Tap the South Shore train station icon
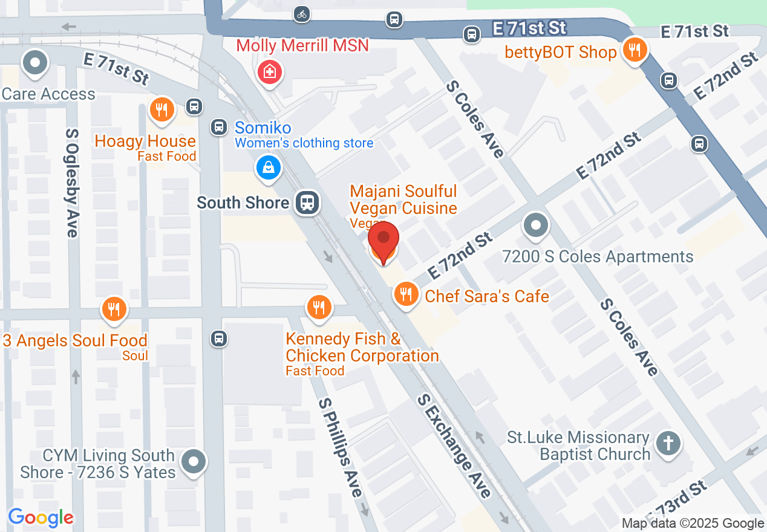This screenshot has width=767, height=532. click(308, 202)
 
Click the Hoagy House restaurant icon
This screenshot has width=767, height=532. click(162, 109)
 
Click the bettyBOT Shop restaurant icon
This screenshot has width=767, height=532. click(634, 50)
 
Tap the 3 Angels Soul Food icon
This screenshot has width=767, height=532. click(113, 309)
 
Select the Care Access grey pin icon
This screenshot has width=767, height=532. click(34, 63)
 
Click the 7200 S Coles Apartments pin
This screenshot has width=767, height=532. click(535, 226)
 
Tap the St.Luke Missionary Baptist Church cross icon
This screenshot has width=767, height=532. click(668, 444)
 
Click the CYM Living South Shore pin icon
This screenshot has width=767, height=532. click(194, 462)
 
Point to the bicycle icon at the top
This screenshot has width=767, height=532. click(302, 14)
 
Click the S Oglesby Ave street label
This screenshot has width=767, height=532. click(72, 182)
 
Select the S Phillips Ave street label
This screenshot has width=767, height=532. click(341, 447)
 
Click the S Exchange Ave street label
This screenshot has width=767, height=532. click(454, 445)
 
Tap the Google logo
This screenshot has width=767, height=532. click(41, 517)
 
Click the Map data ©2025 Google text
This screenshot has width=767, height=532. click(693, 524)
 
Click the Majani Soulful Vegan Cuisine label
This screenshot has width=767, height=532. click(403, 200)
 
